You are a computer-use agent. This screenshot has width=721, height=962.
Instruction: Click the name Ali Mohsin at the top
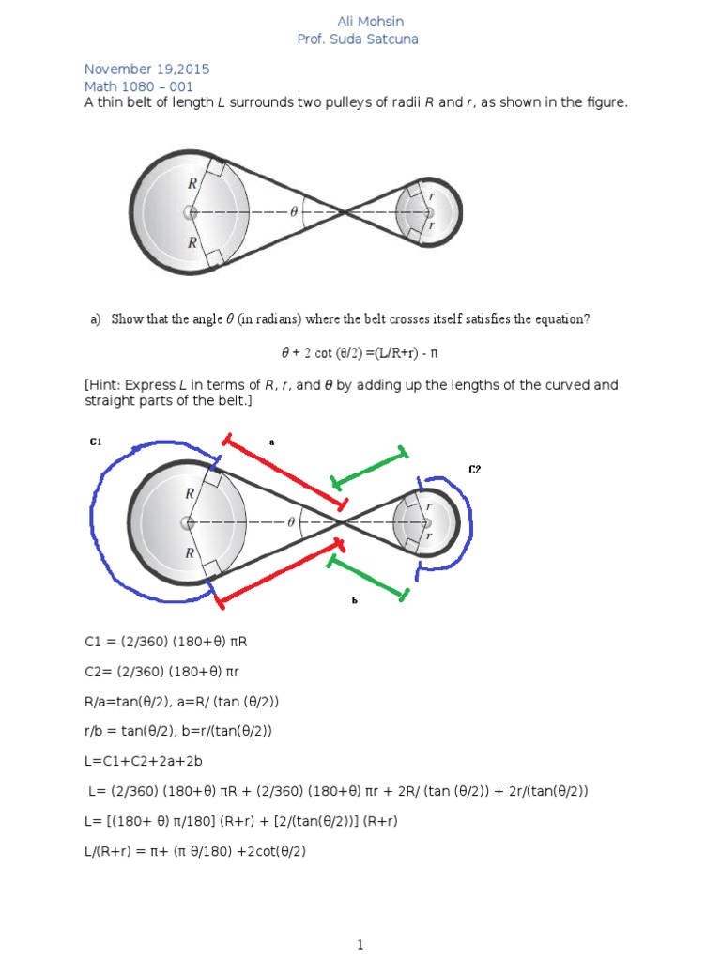click(x=371, y=22)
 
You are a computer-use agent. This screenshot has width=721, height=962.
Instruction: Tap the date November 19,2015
click(x=146, y=70)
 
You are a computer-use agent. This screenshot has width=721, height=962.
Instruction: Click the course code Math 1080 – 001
click(x=139, y=86)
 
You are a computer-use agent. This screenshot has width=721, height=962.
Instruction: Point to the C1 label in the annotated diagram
click(x=96, y=442)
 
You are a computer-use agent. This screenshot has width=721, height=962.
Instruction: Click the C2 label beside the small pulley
click(x=474, y=469)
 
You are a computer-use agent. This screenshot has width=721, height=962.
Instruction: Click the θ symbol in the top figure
click(x=294, y=212)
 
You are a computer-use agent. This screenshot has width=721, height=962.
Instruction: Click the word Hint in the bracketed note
click(x=109, y=386)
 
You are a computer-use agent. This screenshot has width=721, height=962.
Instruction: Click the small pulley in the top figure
click(x=427, y=212)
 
